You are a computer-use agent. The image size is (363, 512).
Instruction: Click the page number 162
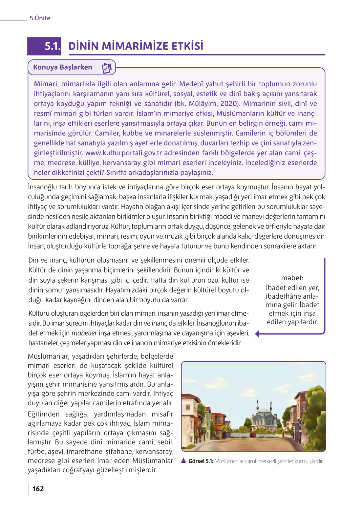click(x=38, y=489)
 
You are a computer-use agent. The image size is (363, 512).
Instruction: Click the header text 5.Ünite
click(x=40, y=18)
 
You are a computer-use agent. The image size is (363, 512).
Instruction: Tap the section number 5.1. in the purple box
click(x=52, y=46)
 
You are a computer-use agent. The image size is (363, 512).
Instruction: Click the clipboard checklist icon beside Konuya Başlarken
click(x=107, y=68)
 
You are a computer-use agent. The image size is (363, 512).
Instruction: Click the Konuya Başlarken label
click(x=63, y=67)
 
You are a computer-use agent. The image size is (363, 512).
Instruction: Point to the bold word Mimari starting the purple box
click(x=45, y=84)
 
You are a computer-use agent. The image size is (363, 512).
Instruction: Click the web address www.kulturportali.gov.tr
click(x=124, y=153)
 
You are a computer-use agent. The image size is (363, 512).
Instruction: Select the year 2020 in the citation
click(x=229, y=104)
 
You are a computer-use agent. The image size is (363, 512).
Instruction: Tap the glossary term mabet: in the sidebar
click(x=292, y=278)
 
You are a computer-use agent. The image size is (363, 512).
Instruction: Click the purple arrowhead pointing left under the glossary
click(x=258, y=334)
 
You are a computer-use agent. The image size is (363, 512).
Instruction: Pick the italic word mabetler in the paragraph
click(x=84, y=333)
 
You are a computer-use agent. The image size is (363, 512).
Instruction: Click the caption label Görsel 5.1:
click(x=201, y=461)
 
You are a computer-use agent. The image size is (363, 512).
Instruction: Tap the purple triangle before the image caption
click(x=184, y=461)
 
